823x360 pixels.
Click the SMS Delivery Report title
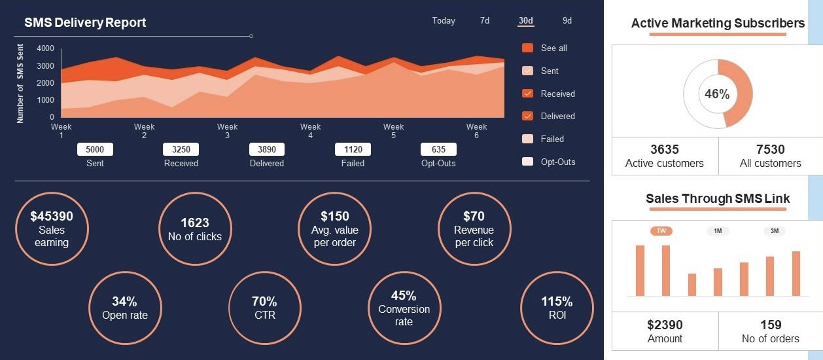[x=85, y=23]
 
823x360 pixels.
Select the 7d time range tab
[x=485, y=21]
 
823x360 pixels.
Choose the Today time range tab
[x=444, y=21]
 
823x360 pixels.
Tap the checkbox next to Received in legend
[x=528, y=94]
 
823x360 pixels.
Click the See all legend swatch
[x=528, y=48]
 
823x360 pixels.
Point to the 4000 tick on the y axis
[x=46, y=48]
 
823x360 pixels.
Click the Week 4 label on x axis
[x=310, y=131]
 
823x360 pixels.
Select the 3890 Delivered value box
[x=267, y=149]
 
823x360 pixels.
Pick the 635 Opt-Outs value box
[x=438, y=149]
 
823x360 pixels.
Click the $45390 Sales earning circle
[x=52, y=228]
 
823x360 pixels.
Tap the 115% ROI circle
[x=557, y=308]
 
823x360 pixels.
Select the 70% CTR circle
[x=264, y=308]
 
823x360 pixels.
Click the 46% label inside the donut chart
[x=717, y=94]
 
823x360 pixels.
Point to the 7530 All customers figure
[x=770, y=150]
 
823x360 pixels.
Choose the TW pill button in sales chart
[x=661, y=231]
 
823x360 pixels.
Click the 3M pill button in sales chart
[x=775, y=231]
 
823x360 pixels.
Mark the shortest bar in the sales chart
[x=692, y=285]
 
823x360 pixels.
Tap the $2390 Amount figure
[x=665, y=325]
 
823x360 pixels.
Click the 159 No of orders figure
[x=770, y=325]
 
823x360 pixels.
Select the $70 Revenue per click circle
[x=474, y=228]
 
